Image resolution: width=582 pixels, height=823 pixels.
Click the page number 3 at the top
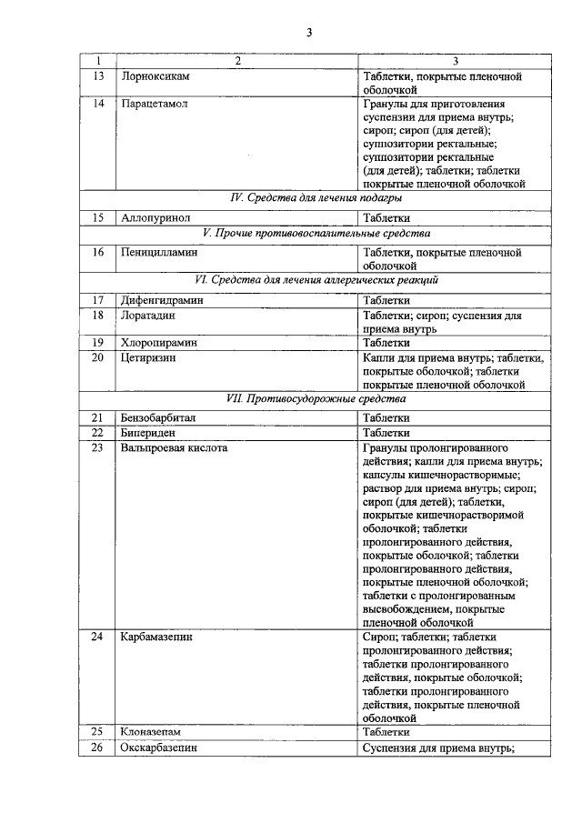[308, 34]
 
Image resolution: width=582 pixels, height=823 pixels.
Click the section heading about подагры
[316, 197]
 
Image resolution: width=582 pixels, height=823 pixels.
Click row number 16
[97, 252]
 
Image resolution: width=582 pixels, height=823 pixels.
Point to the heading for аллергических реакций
[316, 280]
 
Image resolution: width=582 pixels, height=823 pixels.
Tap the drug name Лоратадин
[147, 315]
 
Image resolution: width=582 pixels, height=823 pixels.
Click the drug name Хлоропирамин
[158, 343]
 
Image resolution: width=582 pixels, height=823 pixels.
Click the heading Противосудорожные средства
[316, 398]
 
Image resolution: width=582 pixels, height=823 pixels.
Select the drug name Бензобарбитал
[158, 418]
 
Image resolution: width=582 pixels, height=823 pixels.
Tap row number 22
[97, 433]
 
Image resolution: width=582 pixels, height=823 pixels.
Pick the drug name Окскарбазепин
[158, 748]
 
